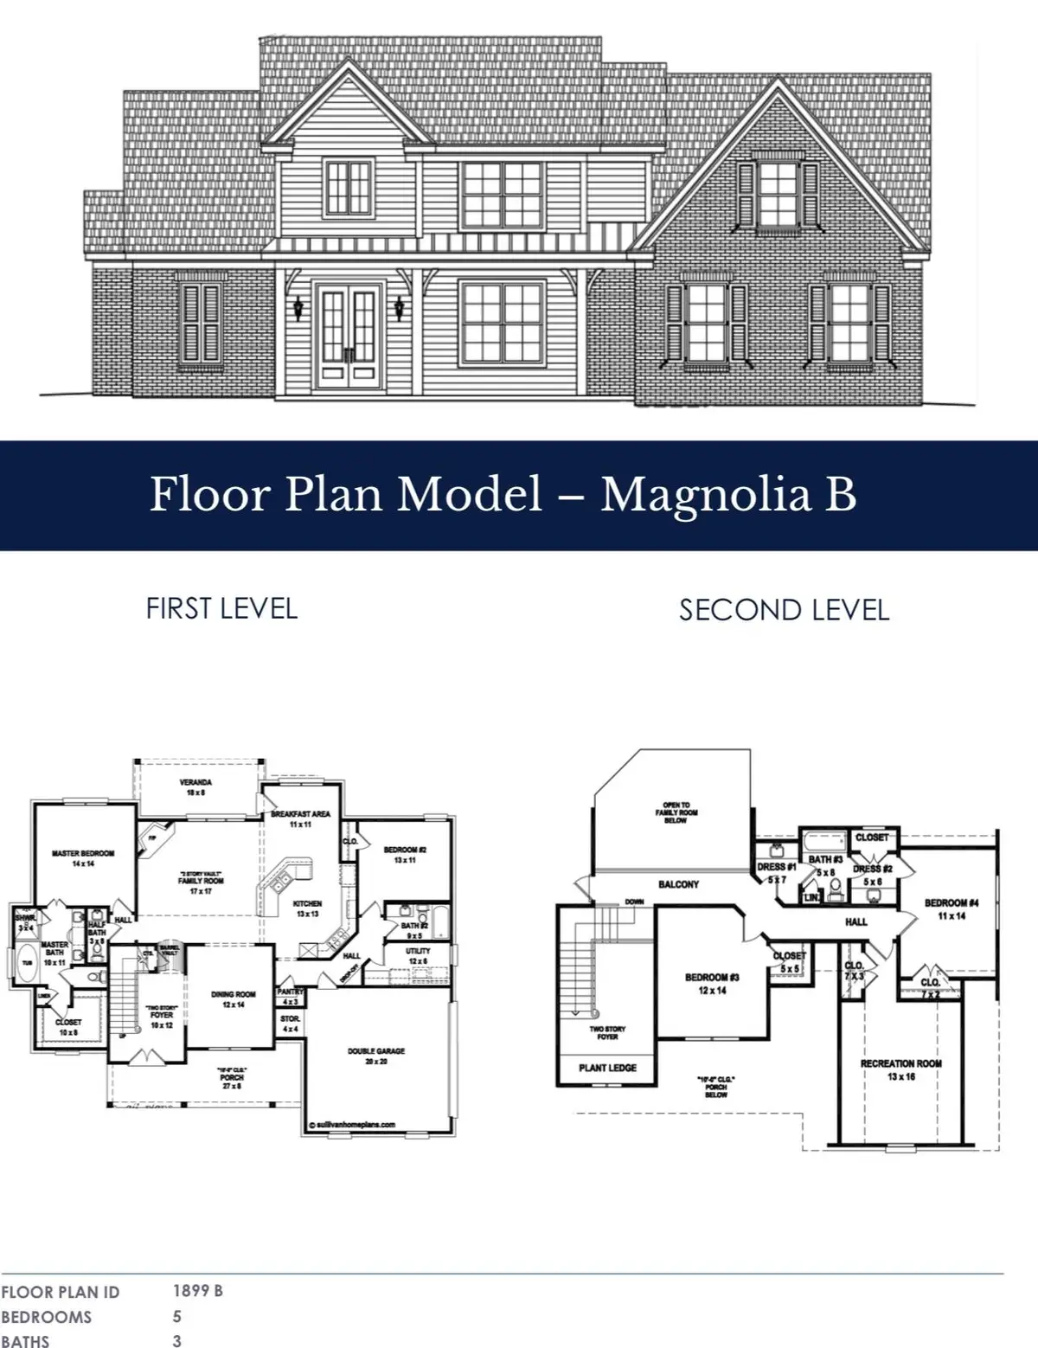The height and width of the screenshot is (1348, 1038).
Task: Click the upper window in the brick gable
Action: coord(777,195)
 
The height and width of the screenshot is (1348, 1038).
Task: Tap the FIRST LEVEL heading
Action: coord(221,608)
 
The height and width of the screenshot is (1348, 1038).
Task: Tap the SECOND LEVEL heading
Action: coord(784,610)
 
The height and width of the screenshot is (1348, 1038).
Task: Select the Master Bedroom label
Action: coord(83,853)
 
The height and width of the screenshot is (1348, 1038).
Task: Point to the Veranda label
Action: coord(195,782)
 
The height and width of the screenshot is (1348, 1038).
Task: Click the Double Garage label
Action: coord(376,1051)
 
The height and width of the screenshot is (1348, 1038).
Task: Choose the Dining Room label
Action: coord(234,994)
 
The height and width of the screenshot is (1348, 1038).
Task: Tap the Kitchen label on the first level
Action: coord(307,903)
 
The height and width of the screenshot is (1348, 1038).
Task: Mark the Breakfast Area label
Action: coord(300,814)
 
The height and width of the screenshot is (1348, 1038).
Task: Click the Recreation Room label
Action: coord(900,1063)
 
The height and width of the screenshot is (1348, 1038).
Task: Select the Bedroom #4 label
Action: coord(951,903)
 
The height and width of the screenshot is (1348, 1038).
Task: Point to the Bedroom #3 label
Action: coord(712,978)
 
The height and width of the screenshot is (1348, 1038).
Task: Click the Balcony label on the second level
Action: coord(678,884)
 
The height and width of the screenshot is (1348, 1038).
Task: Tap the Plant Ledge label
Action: coord(607,1068)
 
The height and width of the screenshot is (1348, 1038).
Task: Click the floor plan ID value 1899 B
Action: coord(198,1291)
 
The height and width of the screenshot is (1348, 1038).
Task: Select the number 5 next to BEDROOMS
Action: coord(177,1317)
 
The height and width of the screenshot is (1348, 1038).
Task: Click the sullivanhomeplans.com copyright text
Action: coord(352,1125)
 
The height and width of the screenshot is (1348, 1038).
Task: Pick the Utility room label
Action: coord(418,951)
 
